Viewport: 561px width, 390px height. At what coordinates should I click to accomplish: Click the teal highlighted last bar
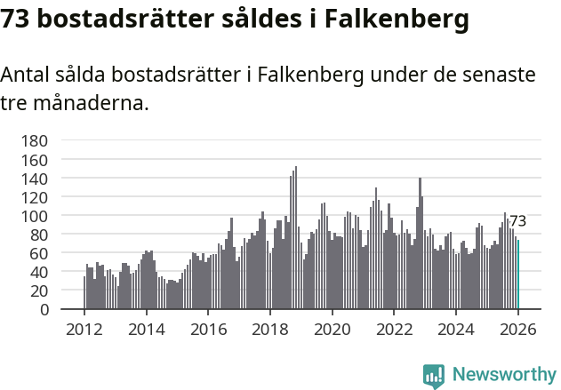(x=518, y=275)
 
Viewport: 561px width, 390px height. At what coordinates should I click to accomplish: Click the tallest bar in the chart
(x=295, y=238)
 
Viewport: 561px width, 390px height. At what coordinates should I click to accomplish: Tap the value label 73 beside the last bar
(x=517, y=221)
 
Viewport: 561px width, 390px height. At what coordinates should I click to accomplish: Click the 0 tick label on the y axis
(x=43, y=310)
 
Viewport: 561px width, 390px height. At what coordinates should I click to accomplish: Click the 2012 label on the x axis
(x=84, y=330)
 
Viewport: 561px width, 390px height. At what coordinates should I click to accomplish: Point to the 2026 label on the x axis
(x=518, y=330)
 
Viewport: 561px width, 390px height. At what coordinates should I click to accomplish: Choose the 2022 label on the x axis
(x=394, y=330)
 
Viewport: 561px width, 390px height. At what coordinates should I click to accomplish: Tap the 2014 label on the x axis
(x=147, y=330)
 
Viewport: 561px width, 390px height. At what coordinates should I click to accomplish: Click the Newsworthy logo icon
(x=433, y=376)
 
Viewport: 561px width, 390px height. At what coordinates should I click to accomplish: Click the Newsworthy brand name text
(x=503, y=376)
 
